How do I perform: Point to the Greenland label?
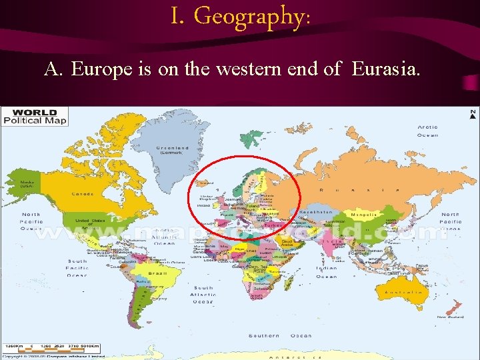click(x=172, y=150)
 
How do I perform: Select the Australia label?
click(x=405, y=291)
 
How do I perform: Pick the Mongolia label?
click(x=364, y=215)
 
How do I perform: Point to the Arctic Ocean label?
click(x=427, y=131)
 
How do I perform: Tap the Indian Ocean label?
click(x=326, y=272)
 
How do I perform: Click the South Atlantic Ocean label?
click(x=203, y=295)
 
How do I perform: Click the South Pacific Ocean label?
click(x=77, y=267)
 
